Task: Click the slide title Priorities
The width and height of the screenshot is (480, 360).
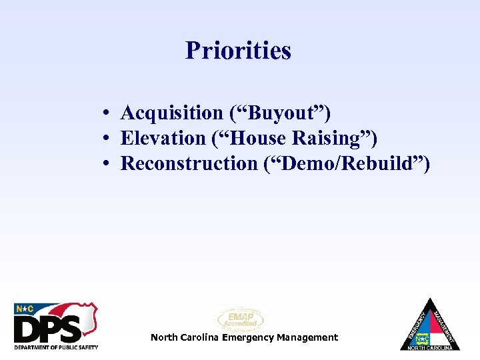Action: tap(238, 50)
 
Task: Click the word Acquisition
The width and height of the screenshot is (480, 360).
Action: tap(171, 113)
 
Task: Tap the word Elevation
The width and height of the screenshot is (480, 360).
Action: tap(163, 139)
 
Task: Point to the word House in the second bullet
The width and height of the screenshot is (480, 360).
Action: tap(257, 139)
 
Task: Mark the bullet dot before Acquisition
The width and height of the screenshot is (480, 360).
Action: tap(107, 114)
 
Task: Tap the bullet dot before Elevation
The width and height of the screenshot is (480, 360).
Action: tap(107, 139)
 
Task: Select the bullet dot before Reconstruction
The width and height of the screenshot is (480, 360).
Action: tap(107, 164)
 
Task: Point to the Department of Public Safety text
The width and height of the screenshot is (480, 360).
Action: tap(56, 347)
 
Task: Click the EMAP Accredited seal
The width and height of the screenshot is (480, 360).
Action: tap(240, 319)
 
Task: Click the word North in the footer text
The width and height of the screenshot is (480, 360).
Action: tap(163, 337)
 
